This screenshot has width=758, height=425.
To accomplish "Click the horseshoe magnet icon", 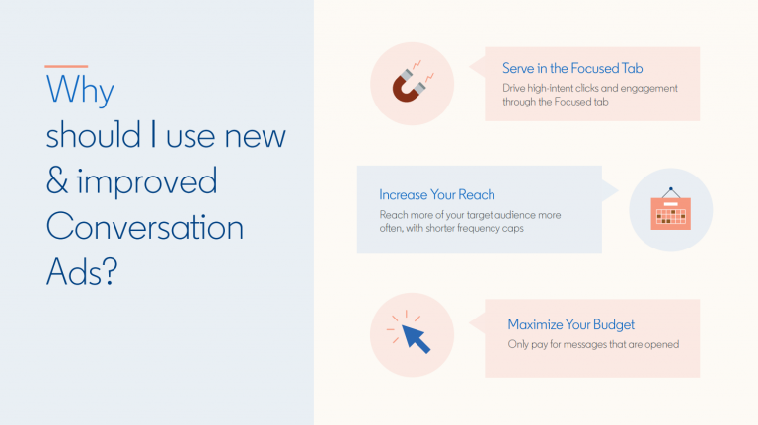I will click(x=411, y=84).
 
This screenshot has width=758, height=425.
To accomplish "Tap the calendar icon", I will click(x=670, y=212).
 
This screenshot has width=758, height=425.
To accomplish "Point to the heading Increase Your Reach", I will click(x=436, y=194).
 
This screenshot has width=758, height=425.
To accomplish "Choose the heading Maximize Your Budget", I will click(x=570, y=324).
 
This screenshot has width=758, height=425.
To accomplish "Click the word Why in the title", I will click(x=80, y=91).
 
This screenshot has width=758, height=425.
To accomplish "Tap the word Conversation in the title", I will click(x=144, y=227).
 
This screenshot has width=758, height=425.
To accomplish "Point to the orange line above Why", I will click(x=66, y=66).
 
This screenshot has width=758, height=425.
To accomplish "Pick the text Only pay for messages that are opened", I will click(x=593, y=344).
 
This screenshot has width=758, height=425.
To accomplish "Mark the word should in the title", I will click(x=94, y=136).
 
